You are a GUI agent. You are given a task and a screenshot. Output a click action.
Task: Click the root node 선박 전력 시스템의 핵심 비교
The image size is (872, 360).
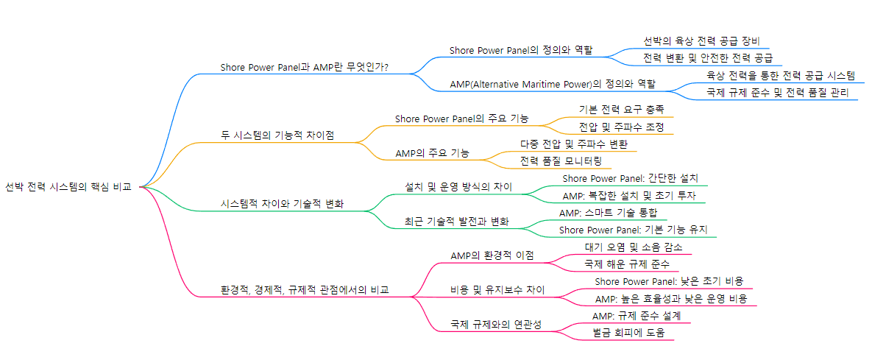68,187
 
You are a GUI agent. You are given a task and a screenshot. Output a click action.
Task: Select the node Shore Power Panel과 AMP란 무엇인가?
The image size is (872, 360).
305,67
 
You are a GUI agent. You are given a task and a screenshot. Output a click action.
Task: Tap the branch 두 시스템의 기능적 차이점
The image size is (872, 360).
277,135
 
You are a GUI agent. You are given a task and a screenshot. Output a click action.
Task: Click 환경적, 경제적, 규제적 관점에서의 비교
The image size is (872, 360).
305,290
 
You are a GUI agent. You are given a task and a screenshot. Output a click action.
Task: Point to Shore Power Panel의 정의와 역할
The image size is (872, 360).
521,50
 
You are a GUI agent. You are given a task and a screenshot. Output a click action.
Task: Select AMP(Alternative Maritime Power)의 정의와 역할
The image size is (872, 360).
553,84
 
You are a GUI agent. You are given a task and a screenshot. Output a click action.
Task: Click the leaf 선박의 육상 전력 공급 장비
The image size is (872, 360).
701,40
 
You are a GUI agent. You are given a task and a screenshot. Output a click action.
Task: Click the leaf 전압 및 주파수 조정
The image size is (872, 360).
621,127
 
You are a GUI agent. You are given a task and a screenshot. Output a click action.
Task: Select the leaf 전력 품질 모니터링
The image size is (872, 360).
561,160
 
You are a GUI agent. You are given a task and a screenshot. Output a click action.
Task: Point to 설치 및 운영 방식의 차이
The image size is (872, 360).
458,187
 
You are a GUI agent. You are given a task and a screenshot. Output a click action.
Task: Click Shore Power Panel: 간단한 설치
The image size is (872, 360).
630,178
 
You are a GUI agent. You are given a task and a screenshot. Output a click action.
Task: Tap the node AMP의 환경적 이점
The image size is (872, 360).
492,255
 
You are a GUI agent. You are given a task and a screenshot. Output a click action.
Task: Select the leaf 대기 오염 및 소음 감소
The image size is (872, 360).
634,247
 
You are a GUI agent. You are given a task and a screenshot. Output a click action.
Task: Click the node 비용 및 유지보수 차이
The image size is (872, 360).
497,289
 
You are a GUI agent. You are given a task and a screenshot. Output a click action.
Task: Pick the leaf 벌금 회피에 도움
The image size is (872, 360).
628,332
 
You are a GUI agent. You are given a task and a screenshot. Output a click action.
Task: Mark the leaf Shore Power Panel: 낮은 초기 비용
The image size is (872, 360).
669,280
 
